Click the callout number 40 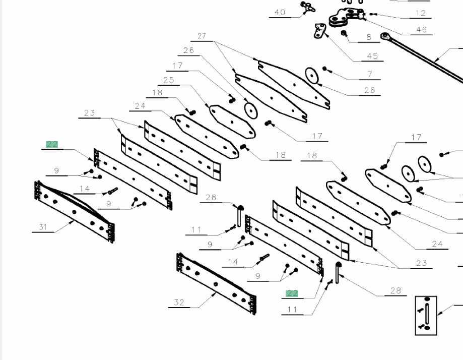pyautogui.click(x=280, y=13)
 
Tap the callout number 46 pyautogui.click(x=421, y=30)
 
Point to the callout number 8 pyautogui.click(x=369, y=37)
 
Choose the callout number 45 pyautogui.click(x=372, y=56)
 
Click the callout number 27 pyautogui.click(x=202, y=36)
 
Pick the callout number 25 pyautogui.click(x=169, y=80)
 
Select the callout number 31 pyautogui.click(x=43, y=227)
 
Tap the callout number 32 pyautogui.click(x=179, y=303)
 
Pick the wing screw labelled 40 pyautogui.click(x=306, y=7)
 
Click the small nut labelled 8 pyautogui.click(x=344, y=33)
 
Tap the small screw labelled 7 pyautogui.click(x=325, y=68)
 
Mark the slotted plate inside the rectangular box pyautogui.click(x=426, y=315)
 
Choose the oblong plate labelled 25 pyautogui.click(x=232, y=121)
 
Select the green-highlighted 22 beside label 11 pyautogui.click(x=292, y=293)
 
